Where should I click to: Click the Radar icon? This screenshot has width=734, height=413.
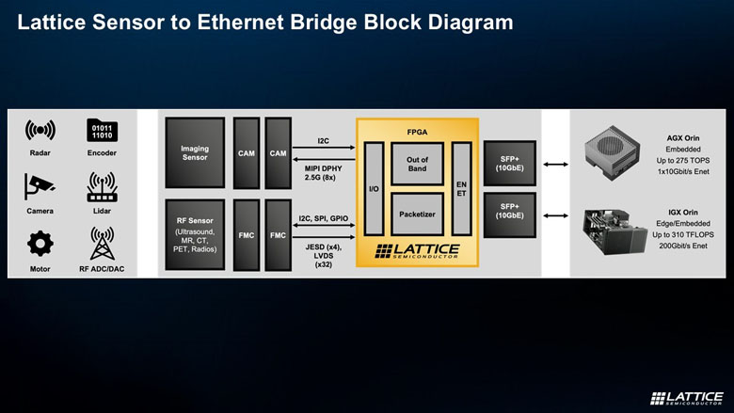40,130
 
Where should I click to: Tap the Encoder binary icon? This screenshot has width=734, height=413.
101,130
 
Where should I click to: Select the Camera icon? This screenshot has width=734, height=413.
40,187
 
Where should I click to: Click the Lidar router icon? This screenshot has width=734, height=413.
101,187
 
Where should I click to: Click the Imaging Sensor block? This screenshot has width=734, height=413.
194,152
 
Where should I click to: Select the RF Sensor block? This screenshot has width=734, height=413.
194,237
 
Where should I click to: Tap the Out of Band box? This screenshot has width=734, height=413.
417,165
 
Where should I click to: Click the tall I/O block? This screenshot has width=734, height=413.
374,188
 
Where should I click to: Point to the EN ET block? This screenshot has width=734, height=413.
461,188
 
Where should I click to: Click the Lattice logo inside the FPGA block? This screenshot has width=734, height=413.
417,251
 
